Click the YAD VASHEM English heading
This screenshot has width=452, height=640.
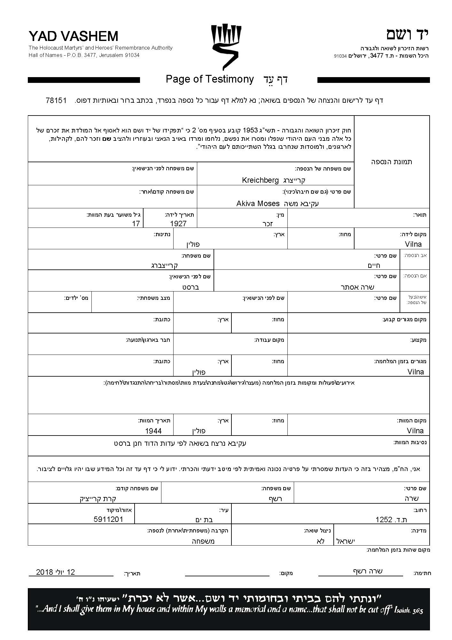[73, 36]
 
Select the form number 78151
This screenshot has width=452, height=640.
[56, 100]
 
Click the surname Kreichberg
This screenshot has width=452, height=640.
[260, 180]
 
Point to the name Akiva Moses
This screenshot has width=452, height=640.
[258, 204]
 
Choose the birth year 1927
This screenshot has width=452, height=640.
[178, 224]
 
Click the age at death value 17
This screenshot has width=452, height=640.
[136, 224]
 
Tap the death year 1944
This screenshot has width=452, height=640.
[153, 431]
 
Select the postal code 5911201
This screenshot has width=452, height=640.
[108, 519]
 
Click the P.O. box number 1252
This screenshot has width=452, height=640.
[391, 520]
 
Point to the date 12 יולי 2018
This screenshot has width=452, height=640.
[56, 572]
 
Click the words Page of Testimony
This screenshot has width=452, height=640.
[210, 79]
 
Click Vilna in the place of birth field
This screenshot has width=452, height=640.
[413, 244]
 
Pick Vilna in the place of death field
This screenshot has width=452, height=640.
[415, 431]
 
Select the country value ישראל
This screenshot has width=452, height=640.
[346, 541]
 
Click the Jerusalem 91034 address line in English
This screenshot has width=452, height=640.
[84, 55]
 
